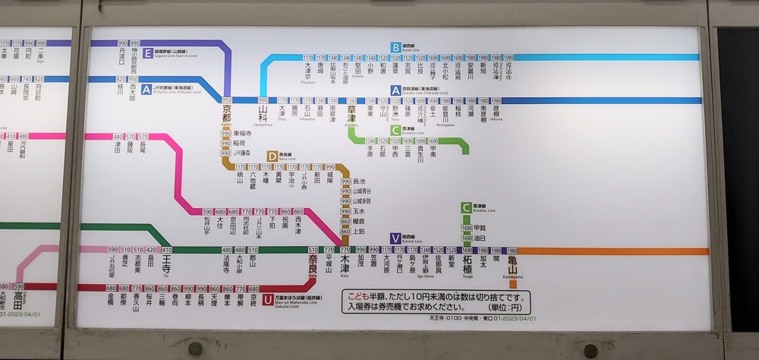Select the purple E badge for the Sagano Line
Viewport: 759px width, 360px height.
147,53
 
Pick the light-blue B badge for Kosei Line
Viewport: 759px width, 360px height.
395,47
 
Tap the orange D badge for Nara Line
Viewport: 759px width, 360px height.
272,156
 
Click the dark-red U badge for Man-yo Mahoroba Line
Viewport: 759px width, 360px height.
268,299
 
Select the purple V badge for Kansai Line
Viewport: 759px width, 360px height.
395,238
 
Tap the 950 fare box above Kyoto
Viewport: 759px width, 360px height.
226,100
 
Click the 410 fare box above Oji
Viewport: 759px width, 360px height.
166,250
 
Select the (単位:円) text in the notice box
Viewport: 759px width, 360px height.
506,308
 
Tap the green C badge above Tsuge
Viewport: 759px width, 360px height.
466,207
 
